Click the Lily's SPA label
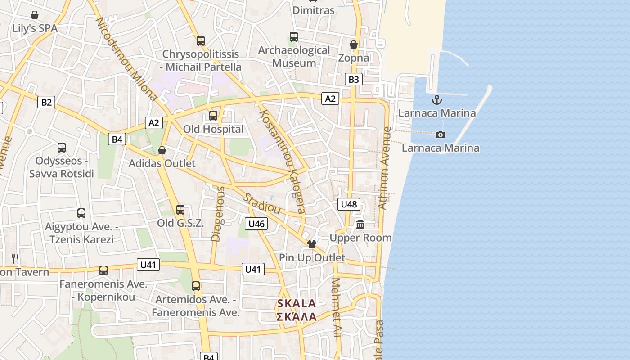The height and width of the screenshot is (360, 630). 35,28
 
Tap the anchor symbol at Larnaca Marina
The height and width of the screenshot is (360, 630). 436,100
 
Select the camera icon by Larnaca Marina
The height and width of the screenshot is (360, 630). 441,135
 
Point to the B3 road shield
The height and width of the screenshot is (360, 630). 354,80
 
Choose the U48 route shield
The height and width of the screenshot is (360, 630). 349,204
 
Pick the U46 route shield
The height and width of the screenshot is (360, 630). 256,224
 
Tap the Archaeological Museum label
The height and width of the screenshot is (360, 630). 294,57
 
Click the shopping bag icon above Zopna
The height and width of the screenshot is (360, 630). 354,45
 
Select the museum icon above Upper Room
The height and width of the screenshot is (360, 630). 360,224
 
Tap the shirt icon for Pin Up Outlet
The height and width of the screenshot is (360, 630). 312,244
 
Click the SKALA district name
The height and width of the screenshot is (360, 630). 297,303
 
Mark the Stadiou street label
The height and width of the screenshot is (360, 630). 261,204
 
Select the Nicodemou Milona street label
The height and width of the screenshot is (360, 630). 126,59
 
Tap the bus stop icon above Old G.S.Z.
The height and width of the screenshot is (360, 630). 180,209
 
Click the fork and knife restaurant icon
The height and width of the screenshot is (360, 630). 15,258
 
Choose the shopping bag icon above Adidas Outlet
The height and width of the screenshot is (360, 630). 162,150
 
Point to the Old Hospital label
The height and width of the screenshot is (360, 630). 213,129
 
